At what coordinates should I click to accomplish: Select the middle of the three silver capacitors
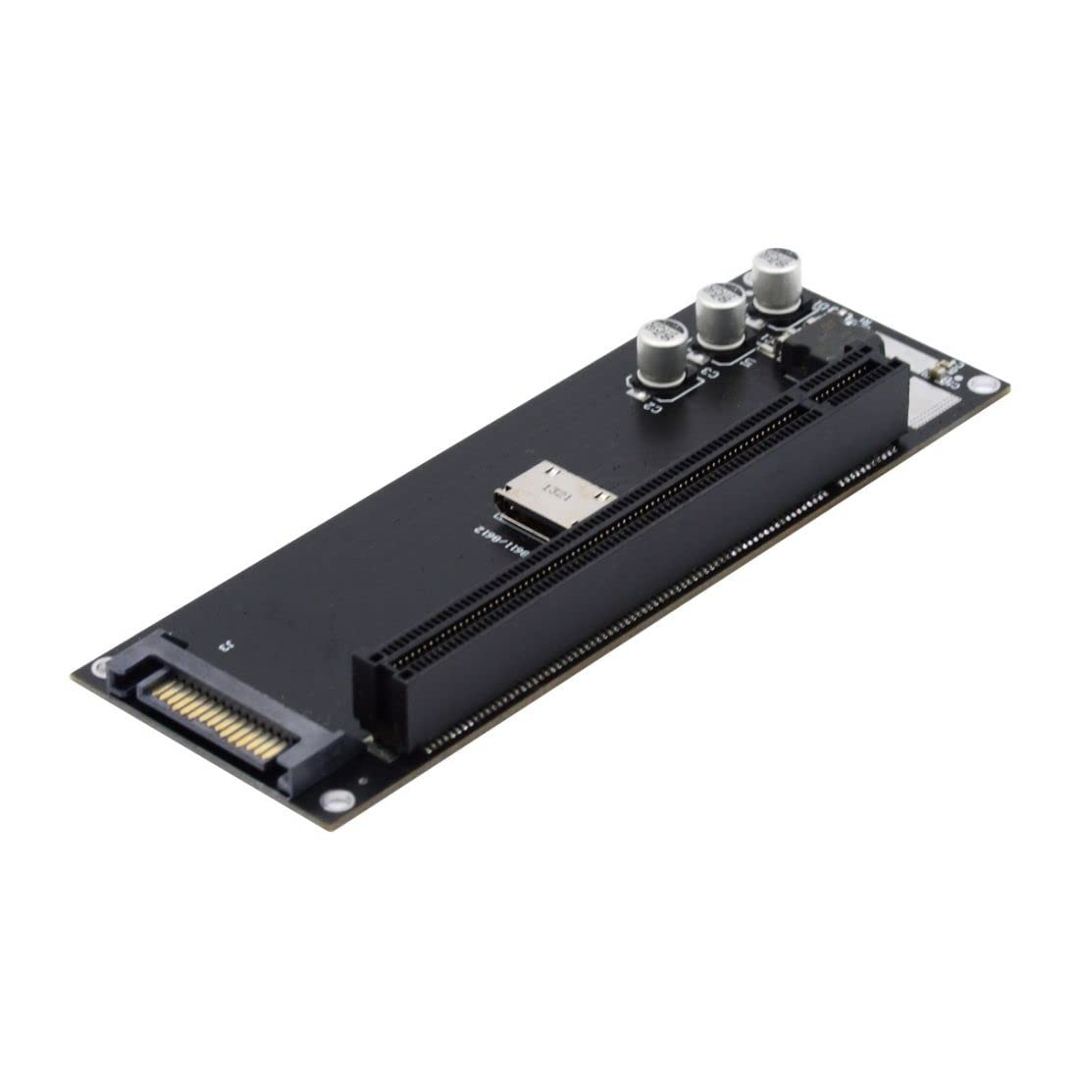click(x=721, y=315)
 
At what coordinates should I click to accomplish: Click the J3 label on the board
click(x=226, y=646)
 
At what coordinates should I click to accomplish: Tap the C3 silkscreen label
click(x=708, y=372)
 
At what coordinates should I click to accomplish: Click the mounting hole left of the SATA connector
click(x=101, y=666)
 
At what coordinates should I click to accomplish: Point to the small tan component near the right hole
click(x=934, y=369)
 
